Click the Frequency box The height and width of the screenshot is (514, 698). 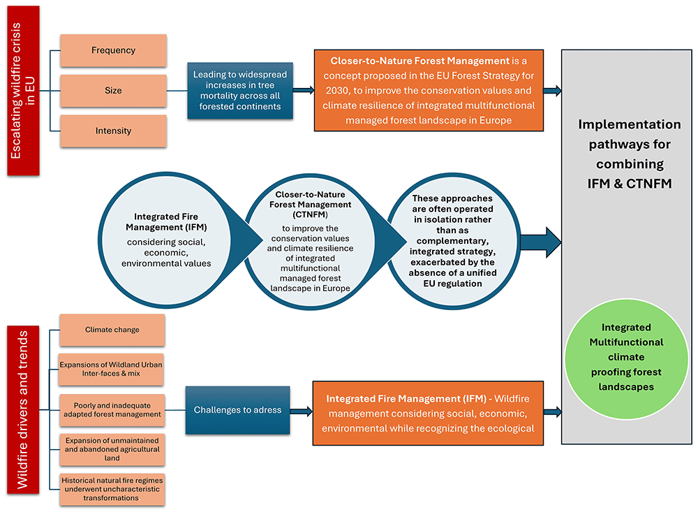tap(113, 50)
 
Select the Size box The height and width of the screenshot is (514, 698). tap(113, 91)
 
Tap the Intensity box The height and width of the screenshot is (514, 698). tap(113, 131)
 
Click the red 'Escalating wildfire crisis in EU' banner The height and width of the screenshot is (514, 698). tap(24, 91)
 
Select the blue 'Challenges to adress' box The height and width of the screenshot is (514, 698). tap(237, 410)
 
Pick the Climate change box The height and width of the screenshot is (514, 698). tap(112, 330)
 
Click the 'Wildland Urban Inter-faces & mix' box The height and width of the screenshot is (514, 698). tap(112, 369)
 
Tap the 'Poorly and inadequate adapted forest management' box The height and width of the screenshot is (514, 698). tap(112, 409)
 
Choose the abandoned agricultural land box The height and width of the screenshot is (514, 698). tap(112, 449)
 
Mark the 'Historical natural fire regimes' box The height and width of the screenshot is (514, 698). tap(112, 489)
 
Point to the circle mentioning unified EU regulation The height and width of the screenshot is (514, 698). tap(452, 241)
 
